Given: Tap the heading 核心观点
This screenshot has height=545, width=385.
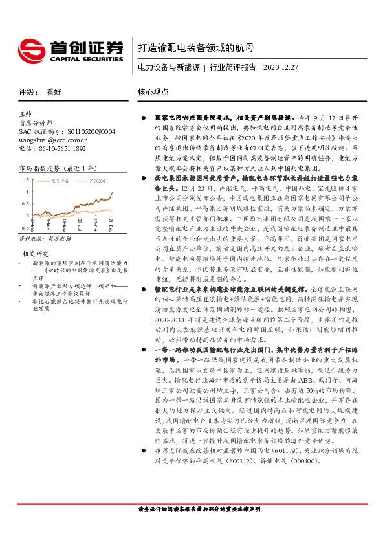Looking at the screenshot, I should [x=153, y=92].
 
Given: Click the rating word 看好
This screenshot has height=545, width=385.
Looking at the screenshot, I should [x=53, y=92].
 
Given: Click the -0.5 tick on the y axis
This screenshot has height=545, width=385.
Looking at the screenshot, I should [x=23, y=228].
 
